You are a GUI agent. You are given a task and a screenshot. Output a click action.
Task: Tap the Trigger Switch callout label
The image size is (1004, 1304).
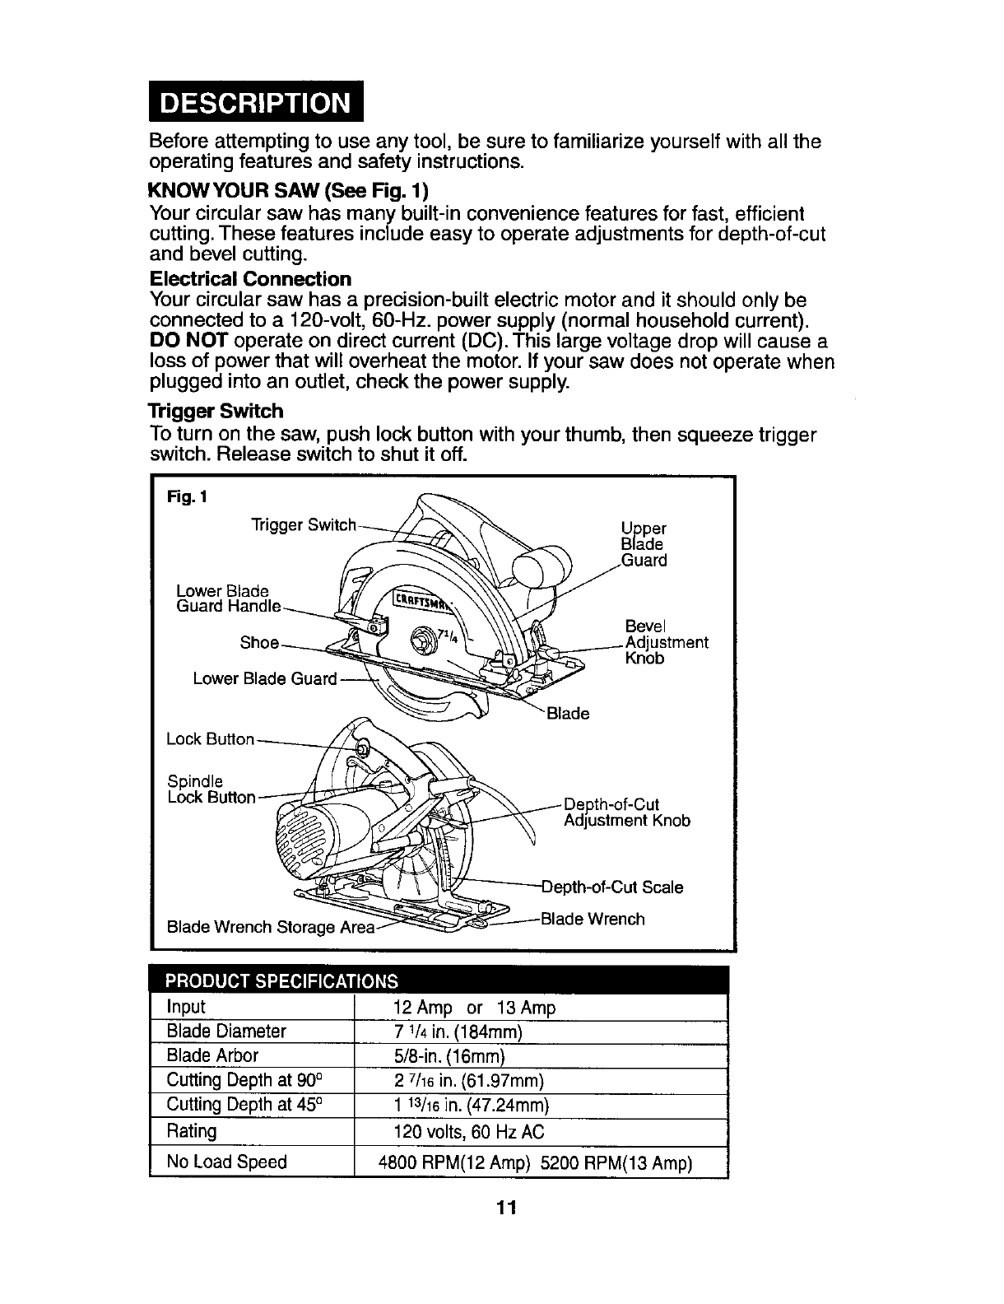point(304,525)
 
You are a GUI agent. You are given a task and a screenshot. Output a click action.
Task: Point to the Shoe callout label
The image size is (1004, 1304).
point(259,642)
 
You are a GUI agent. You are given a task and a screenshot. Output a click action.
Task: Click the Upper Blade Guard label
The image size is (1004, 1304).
point(644,544)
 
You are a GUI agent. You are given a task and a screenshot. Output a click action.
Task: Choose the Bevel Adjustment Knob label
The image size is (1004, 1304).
point(666,642)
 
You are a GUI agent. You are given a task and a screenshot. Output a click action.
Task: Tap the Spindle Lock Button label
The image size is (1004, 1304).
point(211,789)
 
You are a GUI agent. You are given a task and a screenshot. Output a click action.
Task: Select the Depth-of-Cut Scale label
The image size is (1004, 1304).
point(612,887)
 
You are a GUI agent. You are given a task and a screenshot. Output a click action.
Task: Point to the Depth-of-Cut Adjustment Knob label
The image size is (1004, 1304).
point(627,813)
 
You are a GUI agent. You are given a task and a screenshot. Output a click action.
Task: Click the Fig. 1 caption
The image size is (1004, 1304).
point(187,497)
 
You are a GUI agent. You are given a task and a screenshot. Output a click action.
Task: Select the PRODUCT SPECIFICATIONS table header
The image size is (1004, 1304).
point(281,980)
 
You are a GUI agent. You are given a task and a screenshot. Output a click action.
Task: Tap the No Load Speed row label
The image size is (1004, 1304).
point(226,1162)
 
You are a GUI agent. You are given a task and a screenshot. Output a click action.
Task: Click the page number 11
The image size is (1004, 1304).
point(506,1209)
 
